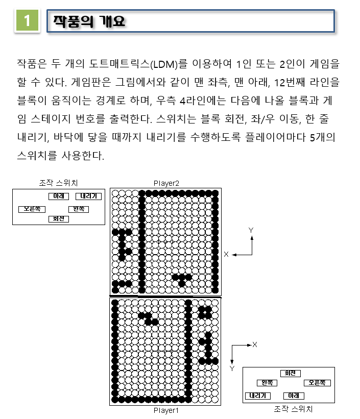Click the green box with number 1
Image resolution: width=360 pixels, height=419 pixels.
click(x=27, y=20)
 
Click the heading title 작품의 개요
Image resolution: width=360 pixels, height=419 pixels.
click(x=89, y=21)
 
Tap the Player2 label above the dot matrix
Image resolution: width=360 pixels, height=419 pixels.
click(x=166, y=183)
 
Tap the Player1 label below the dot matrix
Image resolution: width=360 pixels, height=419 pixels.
click(x=166, y=410)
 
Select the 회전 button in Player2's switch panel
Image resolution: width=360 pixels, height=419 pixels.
click(x=59, y=219)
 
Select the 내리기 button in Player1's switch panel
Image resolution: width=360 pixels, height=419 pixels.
click(x=258, y=396)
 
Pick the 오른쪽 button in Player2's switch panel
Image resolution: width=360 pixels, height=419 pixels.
click(x=32, y=209)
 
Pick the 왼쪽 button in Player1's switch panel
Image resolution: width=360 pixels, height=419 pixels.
click(x=267, y=383)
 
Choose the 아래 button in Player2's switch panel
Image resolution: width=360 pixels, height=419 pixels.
click(x=59, y=196)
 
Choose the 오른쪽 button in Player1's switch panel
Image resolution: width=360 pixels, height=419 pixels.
click(x=317, y=383)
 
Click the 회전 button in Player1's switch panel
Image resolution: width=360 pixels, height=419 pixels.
click(x=291, y=373)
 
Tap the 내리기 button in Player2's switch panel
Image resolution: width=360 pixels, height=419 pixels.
click(x=88, y=196)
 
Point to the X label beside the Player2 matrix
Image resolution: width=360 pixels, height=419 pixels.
click(x=226, y=254)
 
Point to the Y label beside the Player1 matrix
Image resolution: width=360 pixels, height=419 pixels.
click(x=232, y=368)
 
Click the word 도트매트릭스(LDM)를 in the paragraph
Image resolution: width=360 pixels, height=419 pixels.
click(x=138, y=64)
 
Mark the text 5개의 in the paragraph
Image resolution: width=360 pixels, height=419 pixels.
click(x=323, y=137)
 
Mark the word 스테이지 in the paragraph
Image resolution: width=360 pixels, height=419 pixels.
click(x=51, y=119)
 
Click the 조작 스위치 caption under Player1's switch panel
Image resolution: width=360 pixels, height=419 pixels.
click(x=293, y=409)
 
